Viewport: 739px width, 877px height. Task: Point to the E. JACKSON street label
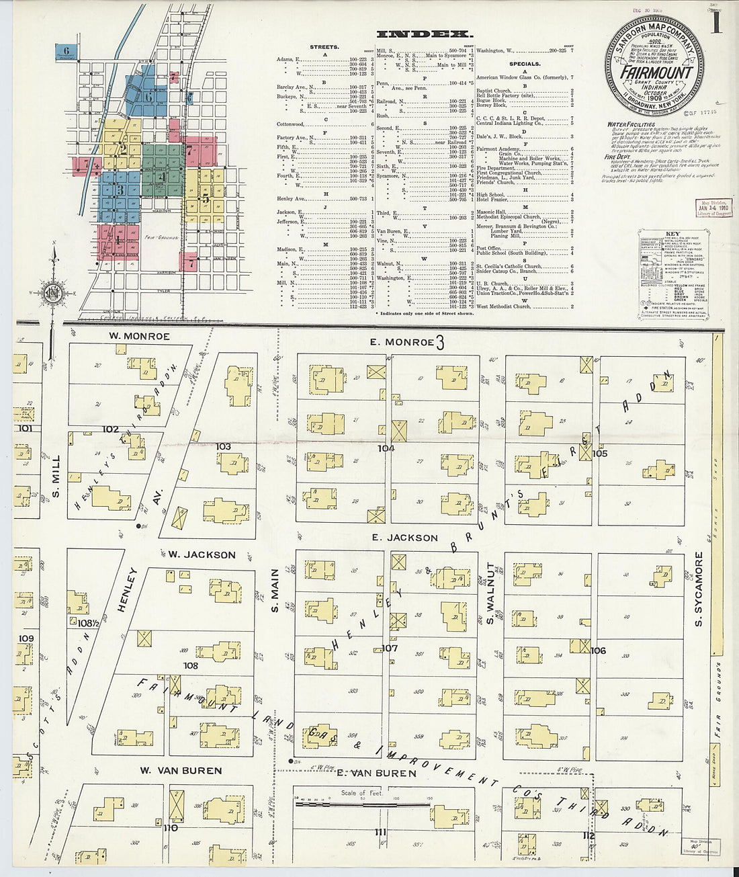coord(404,538)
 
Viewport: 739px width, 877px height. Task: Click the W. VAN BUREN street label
coord(181,770)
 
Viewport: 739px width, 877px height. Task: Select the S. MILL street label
coord(56,474)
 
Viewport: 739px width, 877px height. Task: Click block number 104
coord(386,448)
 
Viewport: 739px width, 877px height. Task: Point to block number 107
coord(390,649)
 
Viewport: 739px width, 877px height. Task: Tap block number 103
coord(222,446)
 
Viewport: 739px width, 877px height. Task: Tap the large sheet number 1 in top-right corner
coord(716,25)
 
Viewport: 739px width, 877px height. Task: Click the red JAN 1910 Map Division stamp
coord(714,208)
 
